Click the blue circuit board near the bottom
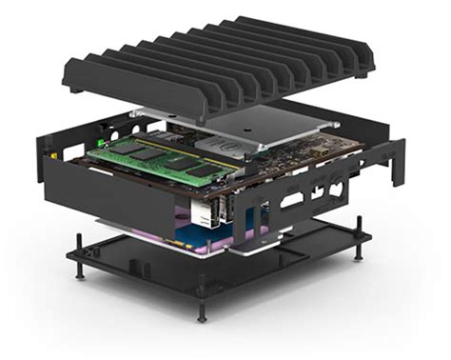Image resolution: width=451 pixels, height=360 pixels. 253,228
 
